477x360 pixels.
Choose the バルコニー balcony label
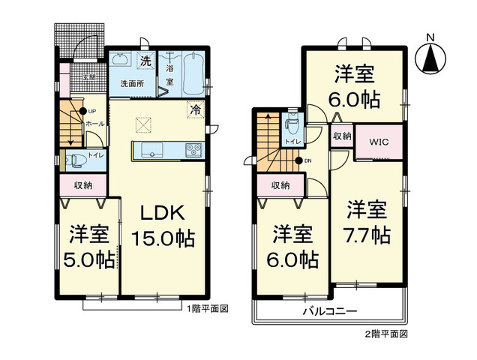[330, 310]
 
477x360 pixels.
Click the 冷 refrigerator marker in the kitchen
[195, 109]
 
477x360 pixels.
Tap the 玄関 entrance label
[89, 76]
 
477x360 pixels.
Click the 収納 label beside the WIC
[342, 136]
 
